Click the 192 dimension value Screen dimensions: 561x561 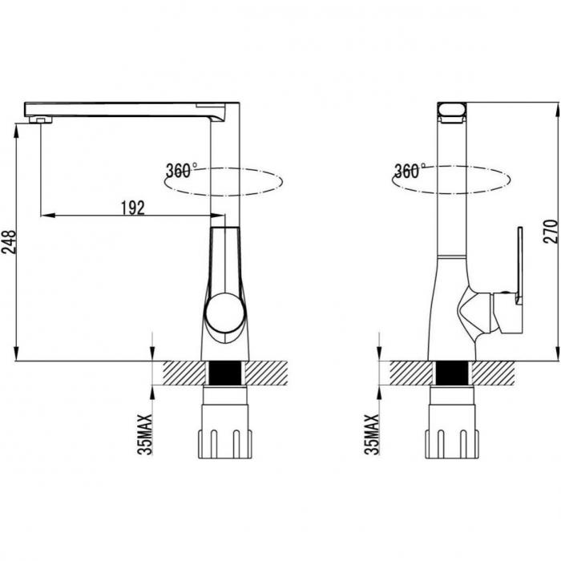click(x=133, y=208)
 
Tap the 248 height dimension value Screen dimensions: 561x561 click(x=9, y=242)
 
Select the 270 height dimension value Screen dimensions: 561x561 click(x=551, y=232)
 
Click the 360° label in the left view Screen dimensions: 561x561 click(x=181, y=171)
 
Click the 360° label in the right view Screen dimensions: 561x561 click(x=410, y=171)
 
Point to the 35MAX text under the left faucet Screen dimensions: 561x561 click(x=145, y=434)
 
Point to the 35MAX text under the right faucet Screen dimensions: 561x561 click(x=372, y=434)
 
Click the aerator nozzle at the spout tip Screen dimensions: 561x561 click(x=41, y=120)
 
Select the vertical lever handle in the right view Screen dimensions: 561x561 click(x=519, y=265)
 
